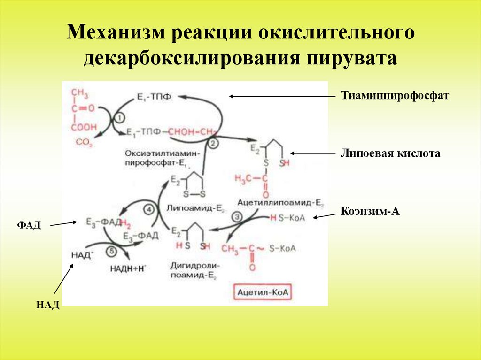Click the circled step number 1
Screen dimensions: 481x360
[119, 116]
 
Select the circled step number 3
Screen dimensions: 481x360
[237, 217]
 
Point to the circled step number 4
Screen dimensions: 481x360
[149, 210]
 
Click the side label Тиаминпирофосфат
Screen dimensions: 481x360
[396, 96]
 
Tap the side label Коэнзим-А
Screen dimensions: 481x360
[370, 212]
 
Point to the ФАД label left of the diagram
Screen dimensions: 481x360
[30, 226]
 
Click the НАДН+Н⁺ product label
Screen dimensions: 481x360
[128, 268]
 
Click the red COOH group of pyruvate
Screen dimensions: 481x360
[84, 127]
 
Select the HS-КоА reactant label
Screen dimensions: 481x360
[283, 218]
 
